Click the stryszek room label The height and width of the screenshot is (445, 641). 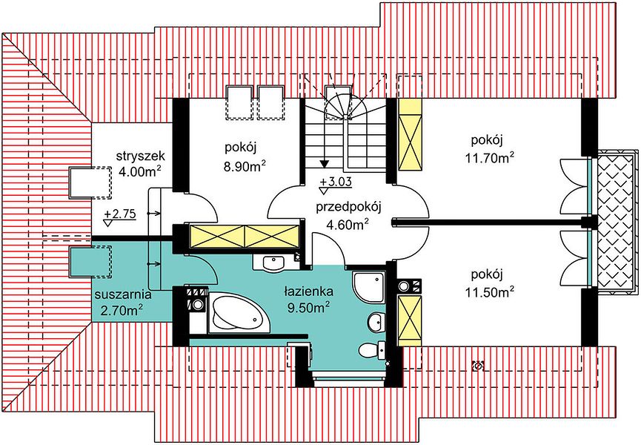click(x=140, y=156)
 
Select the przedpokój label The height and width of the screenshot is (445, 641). click(x=348, y=207)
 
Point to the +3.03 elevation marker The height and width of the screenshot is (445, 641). click(x=336, y=182)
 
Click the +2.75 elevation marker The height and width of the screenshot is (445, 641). click(x=119, y=214)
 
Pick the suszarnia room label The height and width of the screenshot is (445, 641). click(x=122, y=294)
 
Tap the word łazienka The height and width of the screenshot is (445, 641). click(x=309, y=291)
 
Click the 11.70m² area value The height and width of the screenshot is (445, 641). click(x=489, y=158)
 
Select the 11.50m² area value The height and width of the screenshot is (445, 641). click(x=489, y=292)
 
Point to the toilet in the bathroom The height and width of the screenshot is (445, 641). click(x=372, y=349)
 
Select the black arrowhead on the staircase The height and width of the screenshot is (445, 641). click(x=325, y=164)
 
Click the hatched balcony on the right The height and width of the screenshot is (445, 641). click(x=617, y=221)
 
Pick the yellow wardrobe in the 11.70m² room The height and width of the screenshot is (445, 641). click(x=410, y=134)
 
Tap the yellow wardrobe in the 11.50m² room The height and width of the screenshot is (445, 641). click(x=410, y=320)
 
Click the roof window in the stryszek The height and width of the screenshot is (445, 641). click(x=90, y=182)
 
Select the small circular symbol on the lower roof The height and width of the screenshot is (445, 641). click(x=477, y=365)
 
